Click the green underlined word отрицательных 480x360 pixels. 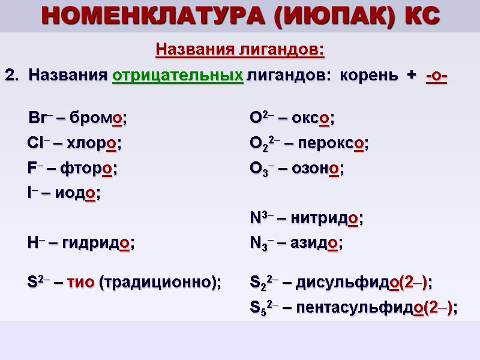(x=178, y=76)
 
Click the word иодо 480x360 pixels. (x=82, y=194)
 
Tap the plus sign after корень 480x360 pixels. (x=411, y=76)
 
